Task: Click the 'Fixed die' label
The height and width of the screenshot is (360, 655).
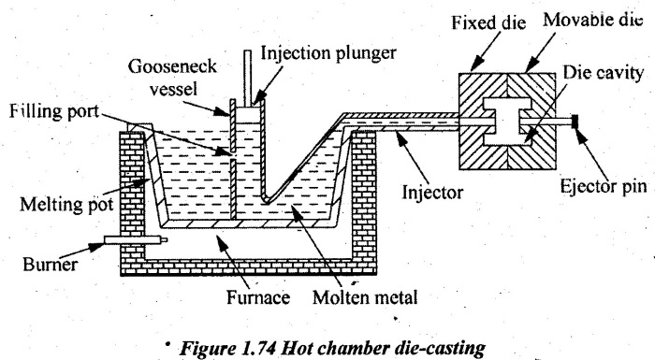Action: coord(488,22)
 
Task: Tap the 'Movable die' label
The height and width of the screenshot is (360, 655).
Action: coord(592,20)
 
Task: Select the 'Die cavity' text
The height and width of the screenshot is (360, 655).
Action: coord(603,73)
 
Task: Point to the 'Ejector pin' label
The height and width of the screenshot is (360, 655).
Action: coord(604,186)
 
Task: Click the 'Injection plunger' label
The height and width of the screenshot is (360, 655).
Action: coord(328,53)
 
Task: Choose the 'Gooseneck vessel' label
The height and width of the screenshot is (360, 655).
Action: coord(172,78)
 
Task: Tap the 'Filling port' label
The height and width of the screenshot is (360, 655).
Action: coord(54,111)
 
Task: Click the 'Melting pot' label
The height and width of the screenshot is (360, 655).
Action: coord(66,205)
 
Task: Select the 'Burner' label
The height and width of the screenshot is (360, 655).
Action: coord(51,265)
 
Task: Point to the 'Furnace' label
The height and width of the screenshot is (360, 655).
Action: coord(258,297)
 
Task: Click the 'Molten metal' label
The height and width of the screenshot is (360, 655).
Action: coord(365,297)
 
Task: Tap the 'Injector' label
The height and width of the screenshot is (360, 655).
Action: coord(432,192)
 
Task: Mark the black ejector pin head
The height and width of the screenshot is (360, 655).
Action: coord(575,122)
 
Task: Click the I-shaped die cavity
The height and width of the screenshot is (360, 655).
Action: coord(507,122)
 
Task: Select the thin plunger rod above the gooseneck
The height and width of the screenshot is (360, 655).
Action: coord(248,78)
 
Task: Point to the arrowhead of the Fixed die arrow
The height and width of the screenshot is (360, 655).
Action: coord(476,65)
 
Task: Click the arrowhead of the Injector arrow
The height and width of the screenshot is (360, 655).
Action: coord(401,139)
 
